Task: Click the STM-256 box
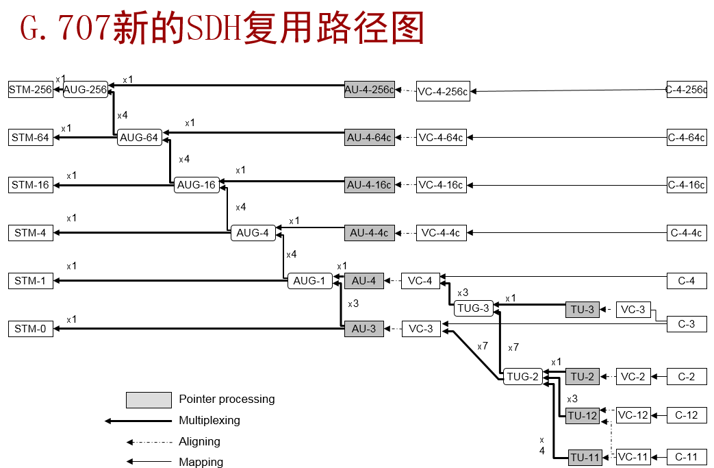pyautogui.click(x=31, y=90)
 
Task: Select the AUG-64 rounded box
pyautogui.click(x=139, y=138)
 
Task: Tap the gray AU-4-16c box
pyautogui.click(x=369, y=185)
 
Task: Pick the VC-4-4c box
pyautogui.click(x=440, y=233)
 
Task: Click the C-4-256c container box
pyautogui.click(x=687, y=90)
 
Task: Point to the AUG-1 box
pyautogui.click(x=309, y=280)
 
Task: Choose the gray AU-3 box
pyautogui.click(x=364, y=329)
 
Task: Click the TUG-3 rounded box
pyautogui.click(x=473, y=308)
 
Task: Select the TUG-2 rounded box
pyautogui.click(x=523, y=376)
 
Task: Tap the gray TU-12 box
pyautogui.click(x=583, y=416)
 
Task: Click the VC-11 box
pyautogui.click(x=633, y=457)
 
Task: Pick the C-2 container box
pyautogui.click(x=687, y=376)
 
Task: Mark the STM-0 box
pyautogui.click(x=31, y=329)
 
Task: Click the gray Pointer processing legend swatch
pyautogui.click(x=149, y=399)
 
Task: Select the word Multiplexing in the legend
pyautogui.click(x=209, y=420)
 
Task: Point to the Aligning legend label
pyautogui.click(x=199, y=442)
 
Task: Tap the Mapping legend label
pyautogui.click(x=201, y=463)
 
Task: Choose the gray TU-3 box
pyautogui.click(x=583, y=310)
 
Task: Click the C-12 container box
pyautogui.click(x=687, y=415)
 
